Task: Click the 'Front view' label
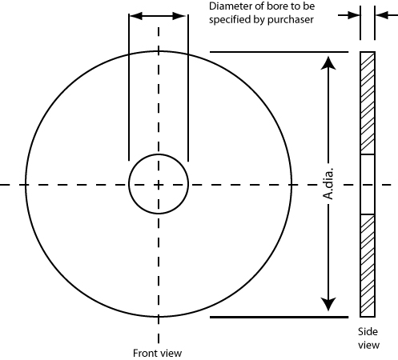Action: coord(157,353)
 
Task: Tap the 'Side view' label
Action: coord(368,338)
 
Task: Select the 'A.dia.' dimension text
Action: coord(328,183)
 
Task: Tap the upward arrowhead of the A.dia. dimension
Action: coord(328,63)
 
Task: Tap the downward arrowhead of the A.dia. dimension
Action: coord(328,304)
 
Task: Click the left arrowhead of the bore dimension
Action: coord(136,16)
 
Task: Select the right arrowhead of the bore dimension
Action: coord(179,16)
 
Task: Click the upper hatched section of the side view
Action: coord(368,103)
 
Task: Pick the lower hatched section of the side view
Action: coord(368,266)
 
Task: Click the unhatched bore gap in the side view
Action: coord(368,184)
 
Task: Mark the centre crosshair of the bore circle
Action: coord(159,184)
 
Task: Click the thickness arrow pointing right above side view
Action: coord(349,15)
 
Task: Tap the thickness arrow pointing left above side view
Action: coord(387,15)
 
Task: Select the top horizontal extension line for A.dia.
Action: coord(279,52)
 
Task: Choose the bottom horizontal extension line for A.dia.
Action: coord(279,317)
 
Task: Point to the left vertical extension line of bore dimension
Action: coord(129,87)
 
